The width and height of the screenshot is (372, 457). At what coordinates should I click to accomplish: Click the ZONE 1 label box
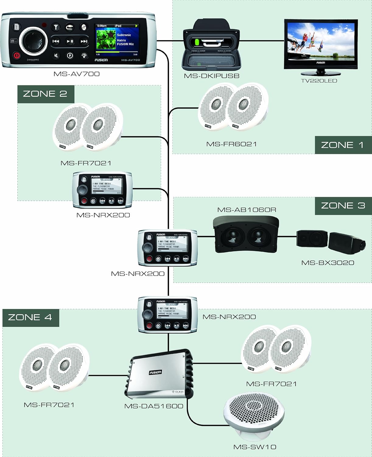point(343,145)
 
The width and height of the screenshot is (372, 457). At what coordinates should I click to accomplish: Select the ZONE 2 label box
point(46,94)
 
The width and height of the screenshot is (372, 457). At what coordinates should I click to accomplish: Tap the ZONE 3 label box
point(343,206)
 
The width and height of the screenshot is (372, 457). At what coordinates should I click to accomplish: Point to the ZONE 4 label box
point(30,317)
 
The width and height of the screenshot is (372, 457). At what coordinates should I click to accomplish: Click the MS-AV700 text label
point(77,74)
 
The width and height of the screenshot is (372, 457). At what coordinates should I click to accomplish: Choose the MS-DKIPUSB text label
point(212,76)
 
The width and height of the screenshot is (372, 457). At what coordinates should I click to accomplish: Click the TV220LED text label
point(319,81)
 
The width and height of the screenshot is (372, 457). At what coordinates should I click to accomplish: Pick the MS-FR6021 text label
point(231,144)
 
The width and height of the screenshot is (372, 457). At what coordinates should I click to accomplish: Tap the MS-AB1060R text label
point(247,210)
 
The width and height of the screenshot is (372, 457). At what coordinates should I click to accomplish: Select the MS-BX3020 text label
point(328,263)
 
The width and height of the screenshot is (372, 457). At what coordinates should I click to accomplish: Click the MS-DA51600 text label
point(154,406)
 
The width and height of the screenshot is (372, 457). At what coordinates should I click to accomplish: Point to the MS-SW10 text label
point(255,447)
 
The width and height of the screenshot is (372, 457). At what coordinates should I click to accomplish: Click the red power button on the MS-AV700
point(16,56)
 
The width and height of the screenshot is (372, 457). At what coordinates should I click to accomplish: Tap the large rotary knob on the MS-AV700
point(33,41)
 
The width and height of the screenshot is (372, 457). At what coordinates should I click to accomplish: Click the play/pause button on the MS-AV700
point(70,41)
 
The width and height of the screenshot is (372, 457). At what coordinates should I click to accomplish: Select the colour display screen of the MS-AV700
point(117,40)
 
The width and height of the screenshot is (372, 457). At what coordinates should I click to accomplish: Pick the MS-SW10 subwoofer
point(254,416)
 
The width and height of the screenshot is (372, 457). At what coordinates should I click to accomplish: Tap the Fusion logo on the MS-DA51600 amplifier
point(155,372)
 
